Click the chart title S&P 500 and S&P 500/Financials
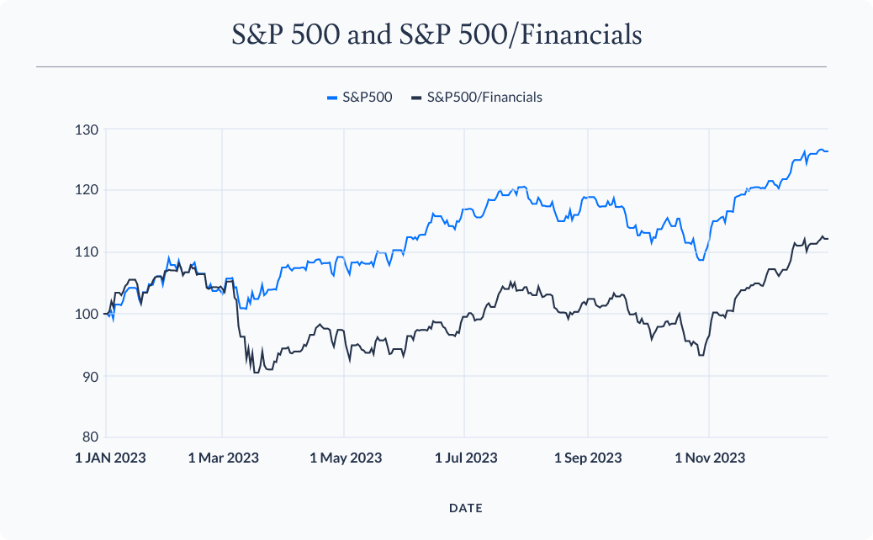tap(436, 34)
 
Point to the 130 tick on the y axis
tap(87, 130)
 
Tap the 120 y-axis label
tap(87, 191)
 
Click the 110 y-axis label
tap(87, 252)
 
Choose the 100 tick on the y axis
tap(87, 314)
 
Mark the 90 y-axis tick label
tap(90, 376)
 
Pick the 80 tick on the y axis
tap(90, 437)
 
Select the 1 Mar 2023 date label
tap(223, 458)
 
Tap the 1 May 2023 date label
tap(346, 458)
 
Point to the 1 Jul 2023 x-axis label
tap(466, 458)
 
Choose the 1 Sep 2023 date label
tap(588, 458)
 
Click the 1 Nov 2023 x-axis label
tap(710, 458)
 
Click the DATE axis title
tap(466, 508)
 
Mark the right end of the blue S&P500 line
tap(828, 151)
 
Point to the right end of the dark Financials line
tap(828, 239)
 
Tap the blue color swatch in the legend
tap(331, 98)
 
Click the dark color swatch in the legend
tap(416, 98)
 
